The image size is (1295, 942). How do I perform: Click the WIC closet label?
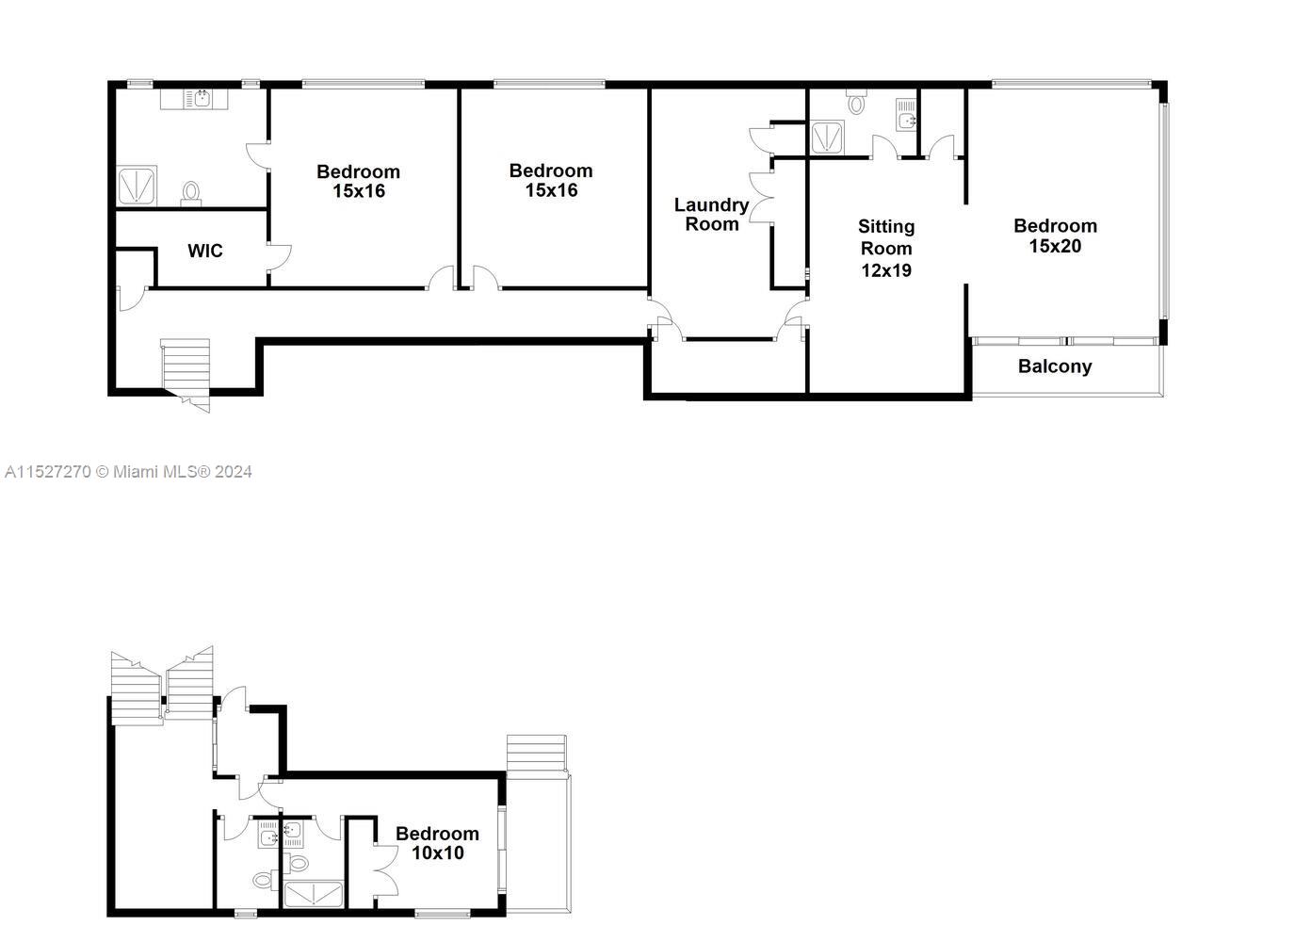pyautogui.click(x=205, y=251)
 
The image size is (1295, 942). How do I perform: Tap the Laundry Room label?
pyautogui.click(x=711, y=214)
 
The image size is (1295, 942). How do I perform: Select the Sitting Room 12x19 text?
pyautogui.click(x=885, y=248)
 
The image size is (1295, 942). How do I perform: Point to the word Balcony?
pyautogui.click(x=1055, y=366)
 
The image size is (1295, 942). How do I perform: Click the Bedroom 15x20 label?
pyautogui.click(x=1055, y=235)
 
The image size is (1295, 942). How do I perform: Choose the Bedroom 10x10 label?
pyautogui.click(x=437, y=843)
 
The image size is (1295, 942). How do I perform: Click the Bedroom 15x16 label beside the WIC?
pyautogui.click(x=358, y=181)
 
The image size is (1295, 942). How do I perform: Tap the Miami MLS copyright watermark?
pyautogui.click(x=128, y=472)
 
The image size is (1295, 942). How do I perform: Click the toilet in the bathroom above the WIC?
pyautogui.click(x=191, y=193)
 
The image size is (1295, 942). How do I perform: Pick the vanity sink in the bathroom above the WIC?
pyautogui.click(x=202, y=97)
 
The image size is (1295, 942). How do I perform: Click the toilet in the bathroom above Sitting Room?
pyautogui.click(x=856, y=102)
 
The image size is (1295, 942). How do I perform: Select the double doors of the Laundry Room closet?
pyautogui.click(x=761, y=198)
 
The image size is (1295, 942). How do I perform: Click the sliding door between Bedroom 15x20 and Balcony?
pyautogui.click(x=1064, y=339)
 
